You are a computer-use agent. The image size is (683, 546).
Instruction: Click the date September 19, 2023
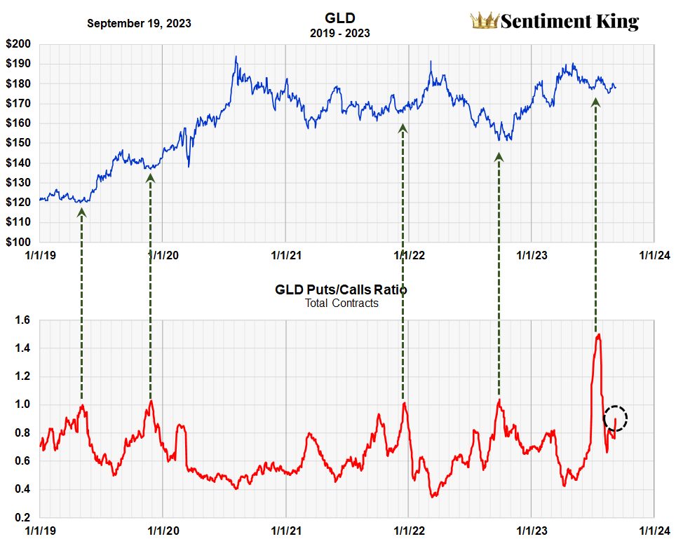coord(139,23)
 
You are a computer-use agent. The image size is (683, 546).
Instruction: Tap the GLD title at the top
coord(340,18)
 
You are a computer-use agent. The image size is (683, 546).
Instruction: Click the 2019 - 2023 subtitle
coord(340,33)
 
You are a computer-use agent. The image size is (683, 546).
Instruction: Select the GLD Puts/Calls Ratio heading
coord(341,289)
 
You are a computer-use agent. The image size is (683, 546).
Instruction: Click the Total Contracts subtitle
coord(341,303)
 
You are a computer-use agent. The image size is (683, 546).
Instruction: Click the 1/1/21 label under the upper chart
coord(285,255)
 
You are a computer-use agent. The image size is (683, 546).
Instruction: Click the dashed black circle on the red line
coord(615,418)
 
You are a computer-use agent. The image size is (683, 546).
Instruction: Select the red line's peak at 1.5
coord(598,335)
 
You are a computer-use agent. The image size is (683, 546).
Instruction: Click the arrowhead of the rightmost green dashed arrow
coord(595,102)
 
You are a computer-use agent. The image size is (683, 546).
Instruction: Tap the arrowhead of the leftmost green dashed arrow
coord(81,212)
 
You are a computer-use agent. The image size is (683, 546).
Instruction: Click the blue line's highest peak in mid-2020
coord(236,57)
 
